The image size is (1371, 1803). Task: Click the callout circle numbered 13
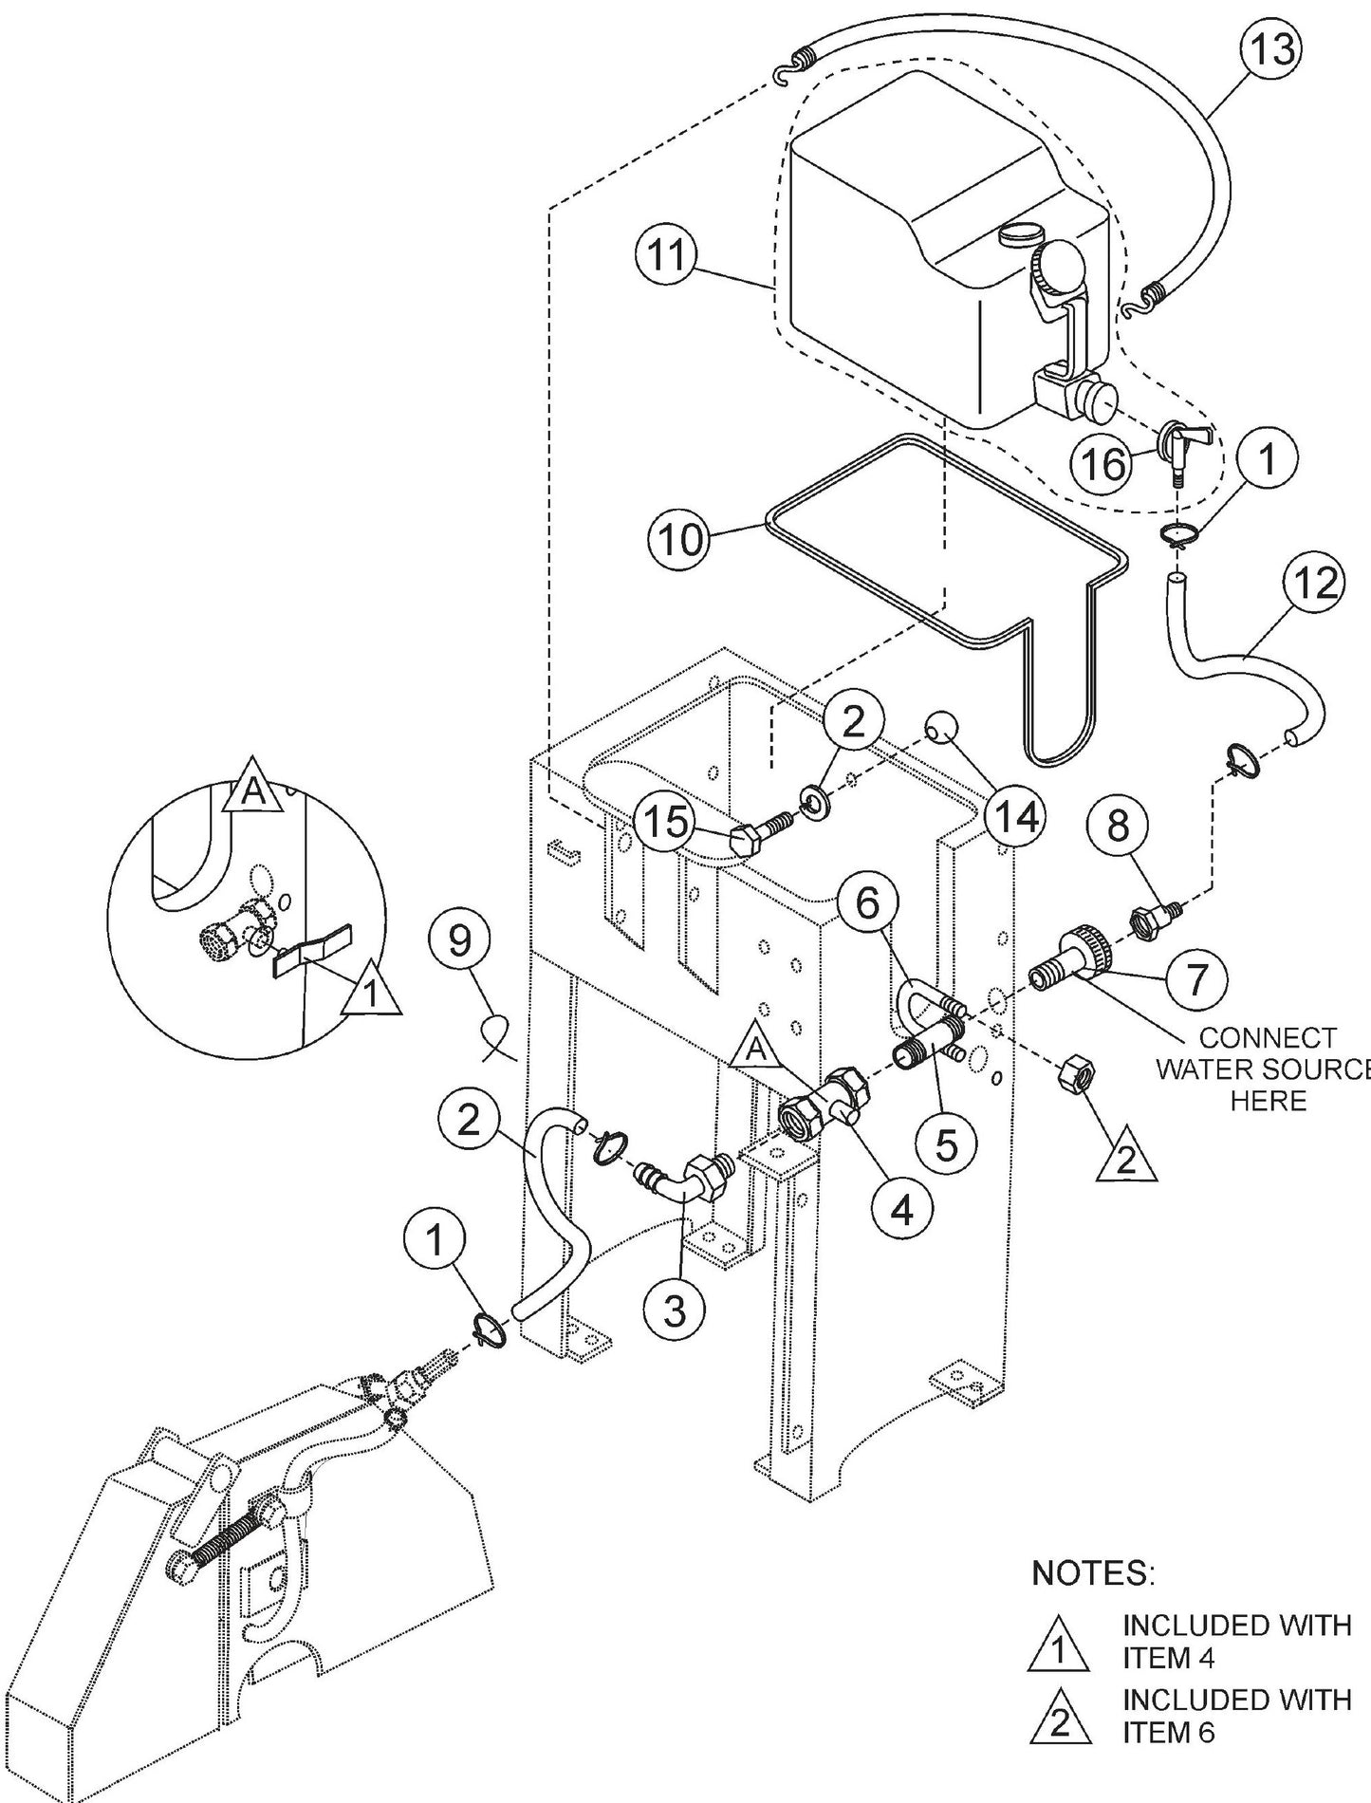[1269, 49]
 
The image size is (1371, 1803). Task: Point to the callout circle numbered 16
[1103, 464]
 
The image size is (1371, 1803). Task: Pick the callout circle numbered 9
[459, 940]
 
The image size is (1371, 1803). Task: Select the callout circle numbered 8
[1119, 826]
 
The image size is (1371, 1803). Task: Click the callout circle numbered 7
[1195, 977]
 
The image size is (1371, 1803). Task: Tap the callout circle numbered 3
[674, 1311]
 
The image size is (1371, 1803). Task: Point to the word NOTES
[1092, 1573]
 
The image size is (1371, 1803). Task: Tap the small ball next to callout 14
[941, 727]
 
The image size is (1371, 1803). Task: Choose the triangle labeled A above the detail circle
[253, 786]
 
